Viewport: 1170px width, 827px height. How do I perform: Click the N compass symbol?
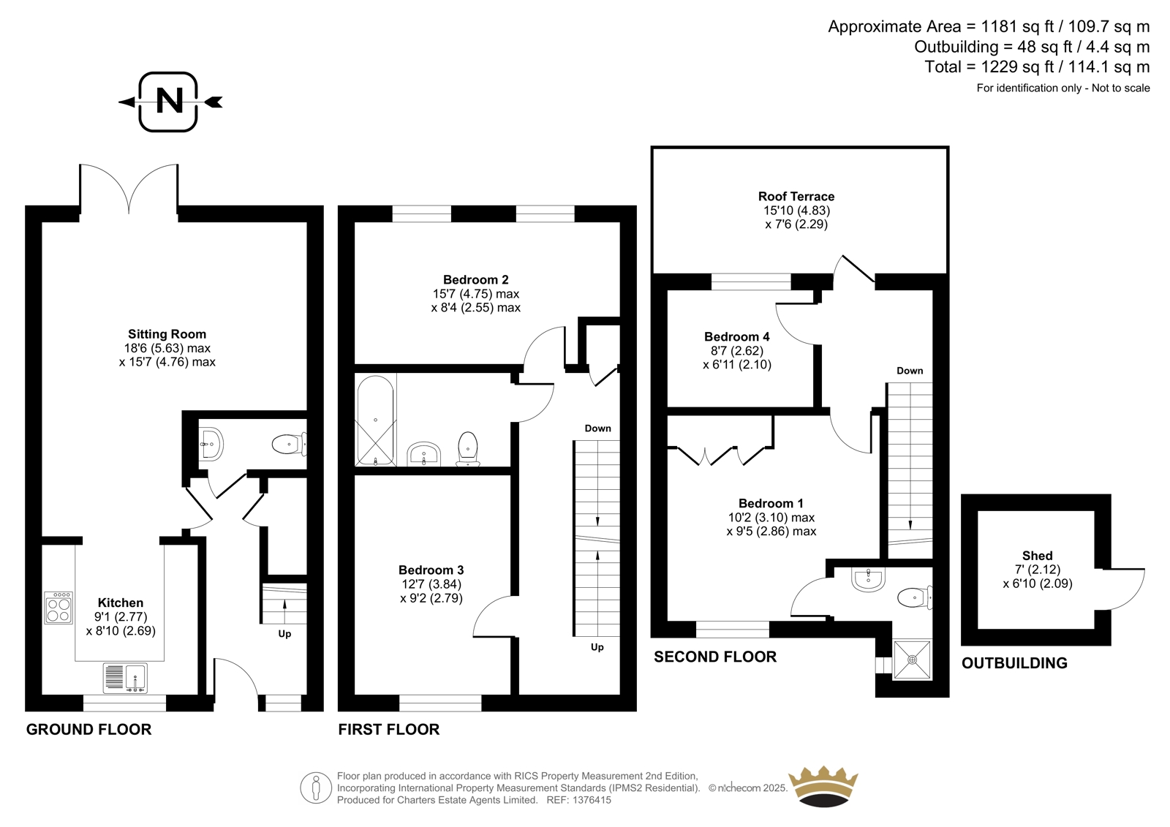tap(169, 101)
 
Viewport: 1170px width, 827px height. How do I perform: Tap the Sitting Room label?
tap(167, 334)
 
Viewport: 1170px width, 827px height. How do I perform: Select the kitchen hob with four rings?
tap(58, 608)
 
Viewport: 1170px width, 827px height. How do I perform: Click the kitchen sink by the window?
tap(125, 678)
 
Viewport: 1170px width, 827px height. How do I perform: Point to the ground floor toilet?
tap(287, 443)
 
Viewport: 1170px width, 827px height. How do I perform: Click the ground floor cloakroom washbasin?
tap(211, 443)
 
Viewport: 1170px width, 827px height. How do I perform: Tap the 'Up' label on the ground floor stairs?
tap(284, 634)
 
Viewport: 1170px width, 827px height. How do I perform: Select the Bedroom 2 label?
tap(475, 280)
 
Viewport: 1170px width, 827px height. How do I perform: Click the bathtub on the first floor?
tap(375, 420)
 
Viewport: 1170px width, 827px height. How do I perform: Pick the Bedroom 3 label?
tap(431, 570)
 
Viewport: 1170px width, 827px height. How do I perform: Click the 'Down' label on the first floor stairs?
tap(597, 428)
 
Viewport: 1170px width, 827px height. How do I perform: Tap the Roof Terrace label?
tap(796, 197)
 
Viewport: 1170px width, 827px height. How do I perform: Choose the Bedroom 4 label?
tap(736, 337)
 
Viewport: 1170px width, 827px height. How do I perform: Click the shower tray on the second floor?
tap(912, 660)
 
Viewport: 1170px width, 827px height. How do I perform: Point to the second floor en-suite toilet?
tap(913, 597)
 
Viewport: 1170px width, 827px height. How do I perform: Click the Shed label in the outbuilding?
tap(1037, 556)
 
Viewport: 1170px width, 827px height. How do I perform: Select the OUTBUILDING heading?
tap(1014, 663)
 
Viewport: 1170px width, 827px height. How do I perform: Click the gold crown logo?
tap(824, 786)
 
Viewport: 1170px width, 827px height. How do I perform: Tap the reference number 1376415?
tap(589, 800)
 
